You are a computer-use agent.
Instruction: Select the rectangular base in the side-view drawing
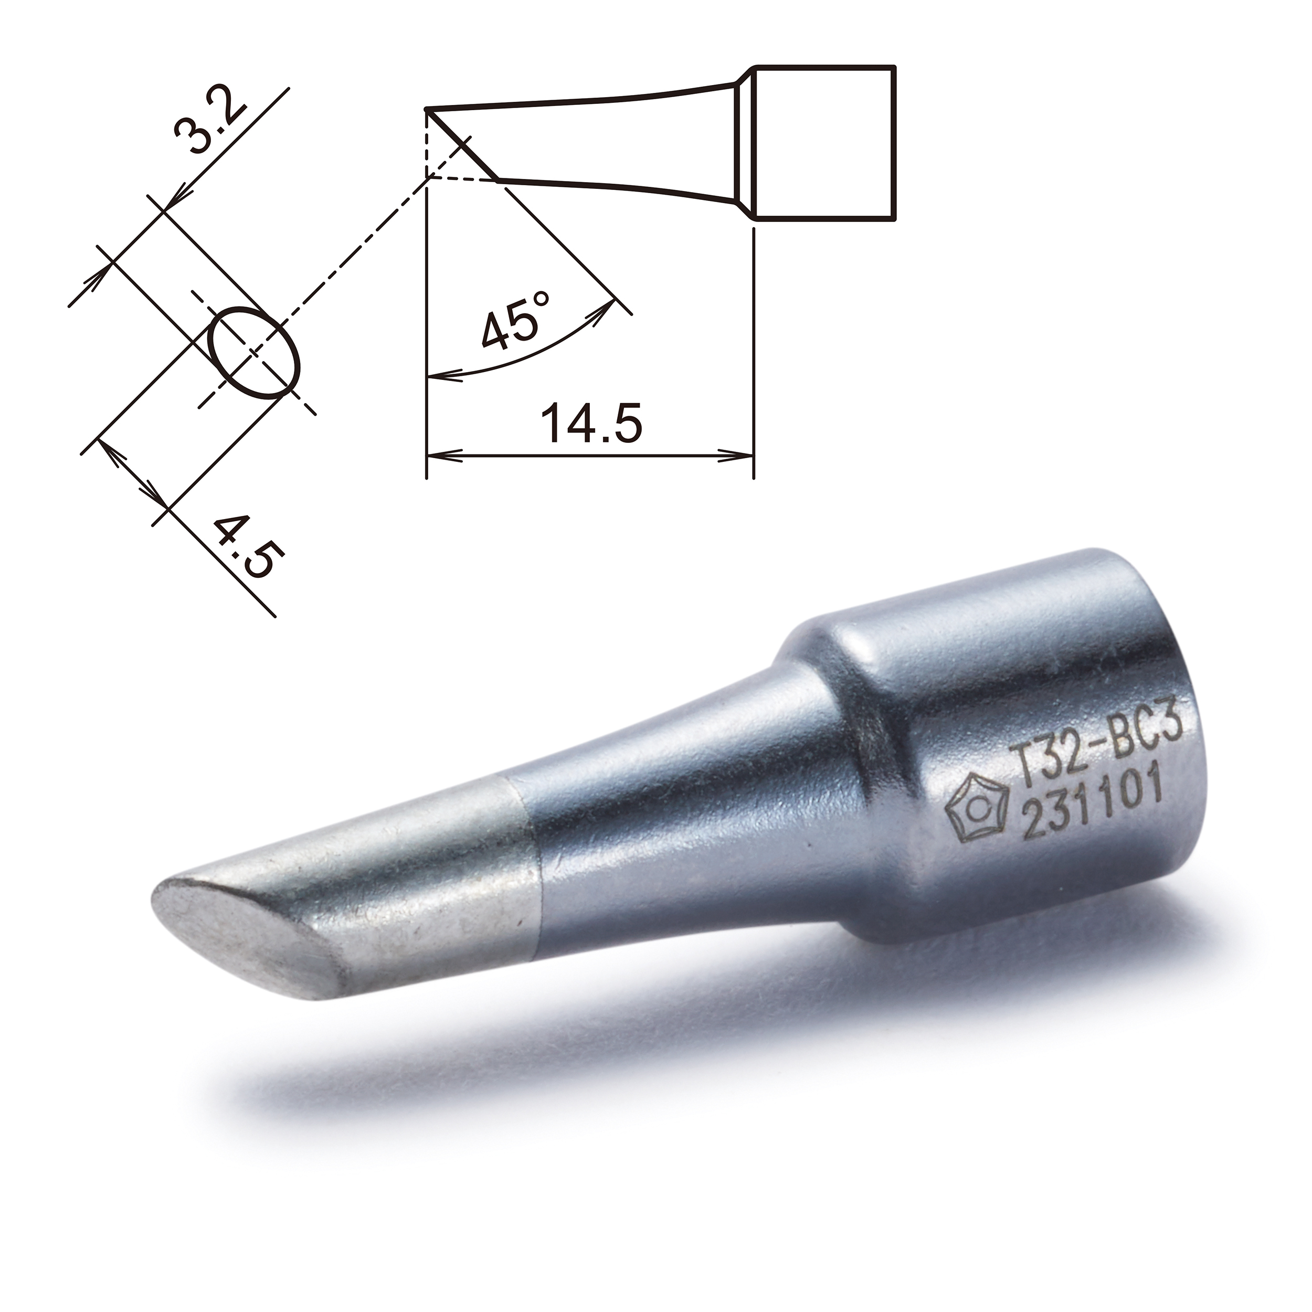(x=825, y=143)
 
